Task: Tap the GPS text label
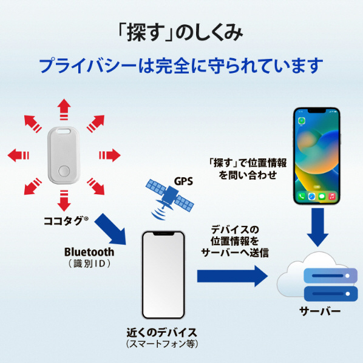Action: [183, 181]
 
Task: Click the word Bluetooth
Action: [89, 252]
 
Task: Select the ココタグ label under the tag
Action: [66, 221]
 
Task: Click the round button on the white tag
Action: [64, 171]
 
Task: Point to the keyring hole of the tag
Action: [64, 131]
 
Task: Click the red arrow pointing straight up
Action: [64, 109]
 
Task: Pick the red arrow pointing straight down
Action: [64, 200]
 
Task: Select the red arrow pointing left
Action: [18, 155]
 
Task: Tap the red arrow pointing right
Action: [110, 155]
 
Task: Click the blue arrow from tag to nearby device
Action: [111, 229]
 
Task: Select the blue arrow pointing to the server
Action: [232, 276]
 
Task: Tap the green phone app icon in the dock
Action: [302, 197]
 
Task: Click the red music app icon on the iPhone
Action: [332, 197]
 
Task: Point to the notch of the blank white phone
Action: [163, 234]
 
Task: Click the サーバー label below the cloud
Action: [320, 311]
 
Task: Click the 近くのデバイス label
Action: [162, 333]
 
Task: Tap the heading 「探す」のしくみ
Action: [180, 33]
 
